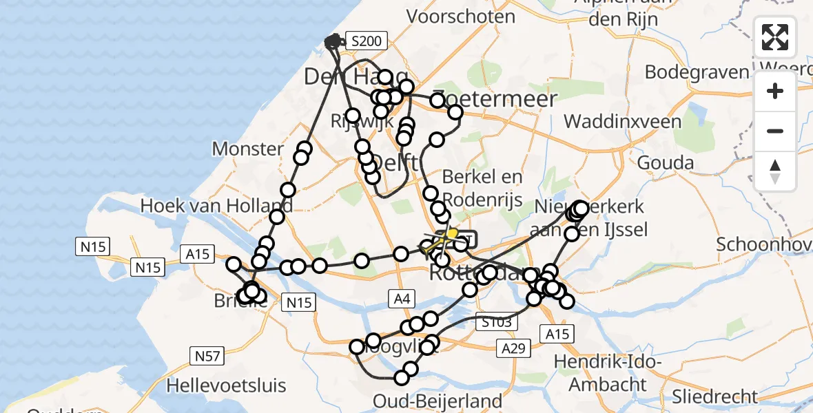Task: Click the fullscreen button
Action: tap(775, 37)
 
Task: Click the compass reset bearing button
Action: tap(775, 171)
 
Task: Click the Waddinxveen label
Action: tap(622, 122)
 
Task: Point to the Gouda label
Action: tap(665, 163)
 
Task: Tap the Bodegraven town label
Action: tap(697, 72)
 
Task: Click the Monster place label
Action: tap(247, 149)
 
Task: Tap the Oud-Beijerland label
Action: tap(437, 401)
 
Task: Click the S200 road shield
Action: tap(364, 41)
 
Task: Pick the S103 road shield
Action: tap(494, 321)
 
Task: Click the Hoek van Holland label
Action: tap(216, 205)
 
